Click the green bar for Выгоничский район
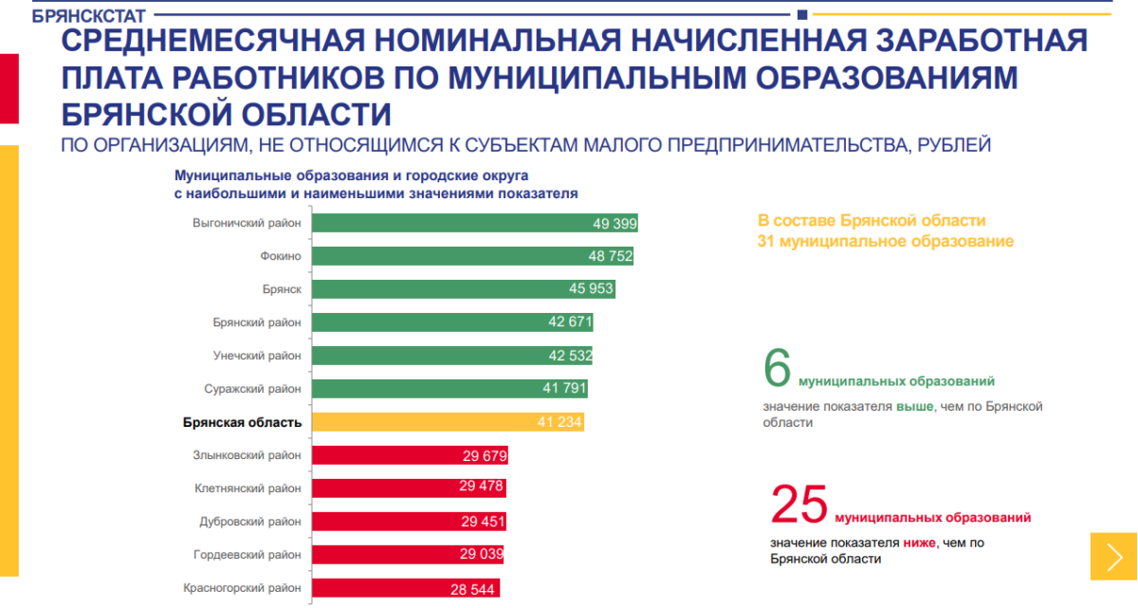[x=474, y=223]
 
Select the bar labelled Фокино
[x=472, y=256]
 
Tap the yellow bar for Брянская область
[x=448, y=422]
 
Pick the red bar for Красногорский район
[x=405, y=588]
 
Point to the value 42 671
[x=570, y=322]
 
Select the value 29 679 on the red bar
[x=486, y=456]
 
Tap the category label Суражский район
[x=253, y=389]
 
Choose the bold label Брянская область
[x=242, y=423]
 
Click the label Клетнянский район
[x=248, y=488]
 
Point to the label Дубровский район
[x=250, y=522]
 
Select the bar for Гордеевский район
[x=407, y=555]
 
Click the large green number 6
[x=777, y=369]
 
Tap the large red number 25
[x=799, y=505]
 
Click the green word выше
[x=914, y=406]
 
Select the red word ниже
[x=919, y=543]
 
